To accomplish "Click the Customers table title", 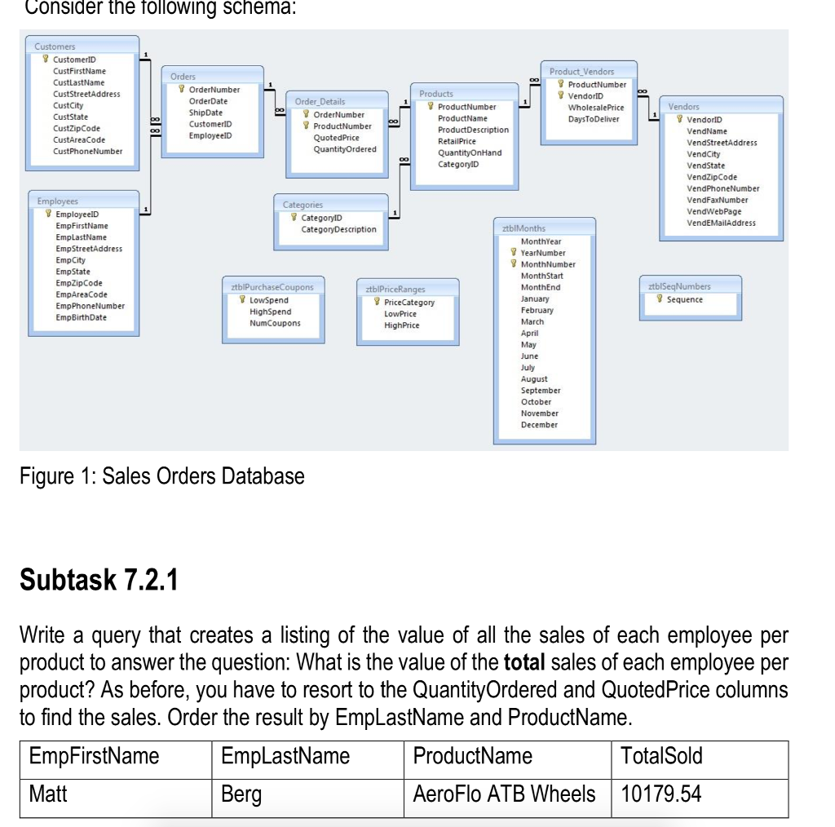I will (x=55, y=47).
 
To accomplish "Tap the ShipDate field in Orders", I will (x=205, y=113).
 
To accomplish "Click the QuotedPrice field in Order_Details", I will (x=336, y=138).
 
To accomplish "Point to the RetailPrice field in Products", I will (x=457, y=141).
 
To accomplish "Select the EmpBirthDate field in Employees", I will (x=81, y=317).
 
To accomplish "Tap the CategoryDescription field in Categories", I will (x=338, y=229).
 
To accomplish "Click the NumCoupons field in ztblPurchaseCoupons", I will (x=275, y=323).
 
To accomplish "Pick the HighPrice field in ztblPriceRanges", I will (x=401, y=325).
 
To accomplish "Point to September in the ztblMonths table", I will (x=541, y=391).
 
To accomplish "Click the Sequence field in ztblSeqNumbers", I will (x=684, y=299).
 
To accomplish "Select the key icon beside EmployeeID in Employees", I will (x=46, y=214).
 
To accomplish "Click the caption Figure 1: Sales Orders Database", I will (x=161, y=476).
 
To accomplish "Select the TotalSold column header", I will (x=661, y=756).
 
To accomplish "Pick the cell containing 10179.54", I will (x=660, y=794).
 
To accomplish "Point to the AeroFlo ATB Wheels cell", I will (x=504, y=794).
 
